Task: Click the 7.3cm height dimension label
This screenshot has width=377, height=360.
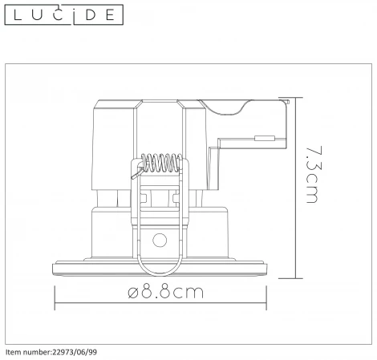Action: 314,175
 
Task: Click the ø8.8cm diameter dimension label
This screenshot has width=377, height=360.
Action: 165,292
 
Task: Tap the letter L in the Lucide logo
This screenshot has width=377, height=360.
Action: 18,15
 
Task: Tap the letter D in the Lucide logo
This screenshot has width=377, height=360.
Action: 91,15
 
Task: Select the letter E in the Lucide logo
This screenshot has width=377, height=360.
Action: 110,15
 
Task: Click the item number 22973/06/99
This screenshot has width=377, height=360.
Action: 75,352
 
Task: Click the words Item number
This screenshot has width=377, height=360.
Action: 28,352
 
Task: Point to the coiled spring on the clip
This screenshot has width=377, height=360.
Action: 161,163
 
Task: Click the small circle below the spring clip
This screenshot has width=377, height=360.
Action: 160,240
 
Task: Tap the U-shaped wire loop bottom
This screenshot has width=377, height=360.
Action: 160,274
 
